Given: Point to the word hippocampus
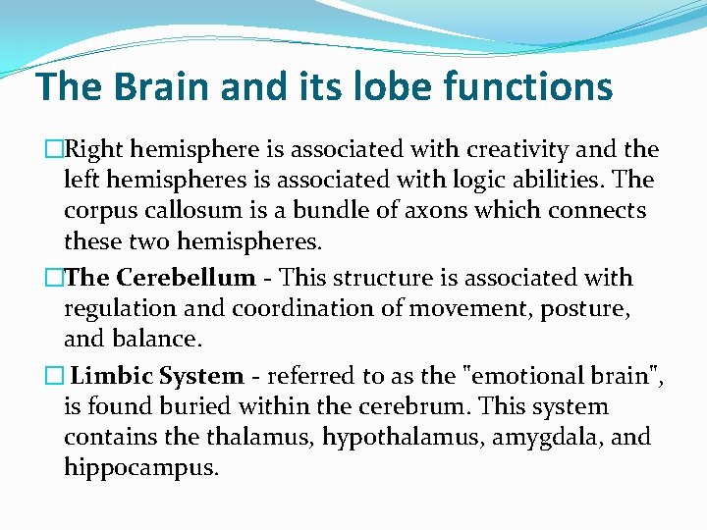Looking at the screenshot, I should coord(140,468).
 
